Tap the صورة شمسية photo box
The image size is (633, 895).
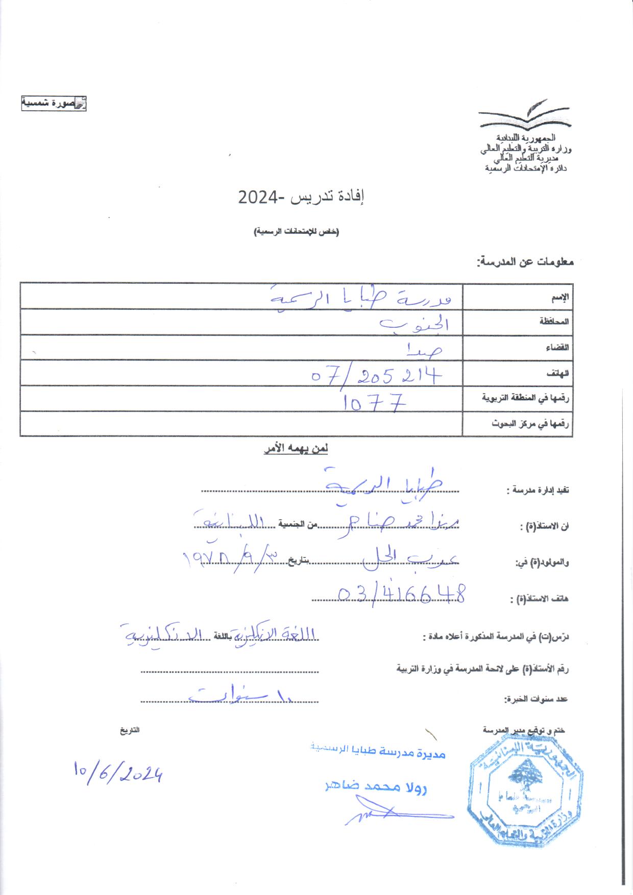[x=54, y=103]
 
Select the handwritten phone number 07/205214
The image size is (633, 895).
[x=376, y=376]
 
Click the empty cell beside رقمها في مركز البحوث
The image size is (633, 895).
[x=241, y=424]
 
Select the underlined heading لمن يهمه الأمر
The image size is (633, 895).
[x=296, y=449]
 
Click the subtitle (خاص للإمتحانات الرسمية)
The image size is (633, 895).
[x=297, y=232]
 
